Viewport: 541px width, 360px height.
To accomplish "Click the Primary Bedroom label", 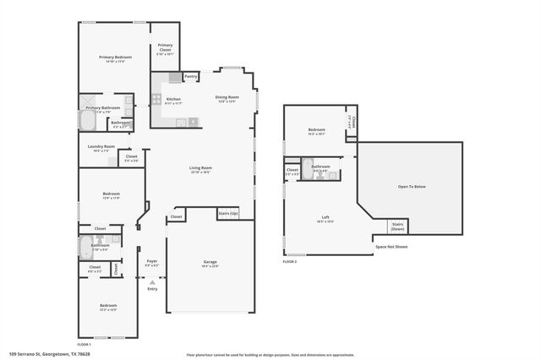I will pyautogui.click(x=114, y=57).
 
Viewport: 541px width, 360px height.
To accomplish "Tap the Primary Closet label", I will pyautogui.click(x=165, y=47).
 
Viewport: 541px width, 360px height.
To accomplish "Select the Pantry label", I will pyautogui.click(x=191, y=77).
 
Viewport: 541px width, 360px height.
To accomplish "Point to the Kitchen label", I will pyautogui.click(x=172, y=100).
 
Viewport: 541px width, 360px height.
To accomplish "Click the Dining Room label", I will pyautogui.click(x=227, y=98).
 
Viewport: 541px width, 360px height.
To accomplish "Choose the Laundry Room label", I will pyautogui.click(x=101, y=147).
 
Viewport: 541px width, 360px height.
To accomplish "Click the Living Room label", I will pyautogui.click(x=200, y=169).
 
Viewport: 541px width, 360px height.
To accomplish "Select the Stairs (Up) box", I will pyautogui.click(x=228, y=214).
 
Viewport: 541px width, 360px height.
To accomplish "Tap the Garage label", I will pyautogui.click(x=210, y=264).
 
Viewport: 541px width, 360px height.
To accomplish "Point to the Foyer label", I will pyautogui.click(x=152, y=262).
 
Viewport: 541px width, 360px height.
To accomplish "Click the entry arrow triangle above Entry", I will pyautogui.click(x=152, y=280).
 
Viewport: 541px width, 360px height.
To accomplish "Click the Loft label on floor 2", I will pyautogui.click(x=325, y=218).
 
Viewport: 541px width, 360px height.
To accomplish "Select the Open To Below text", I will pyautogui.click(x=412, y=186).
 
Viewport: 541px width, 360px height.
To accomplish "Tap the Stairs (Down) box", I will pyautogui.click(x=397, y=226).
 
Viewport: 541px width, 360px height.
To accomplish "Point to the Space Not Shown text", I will pyautogui.click(x=391, y=247).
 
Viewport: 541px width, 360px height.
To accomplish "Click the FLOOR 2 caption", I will pyautogui.click(x=290, y=263).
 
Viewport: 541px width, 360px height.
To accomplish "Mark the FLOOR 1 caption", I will pyautogui.click(x=85, y=344).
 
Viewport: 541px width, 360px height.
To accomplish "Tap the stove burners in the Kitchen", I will pyautogui.click(x=156, y=99).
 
